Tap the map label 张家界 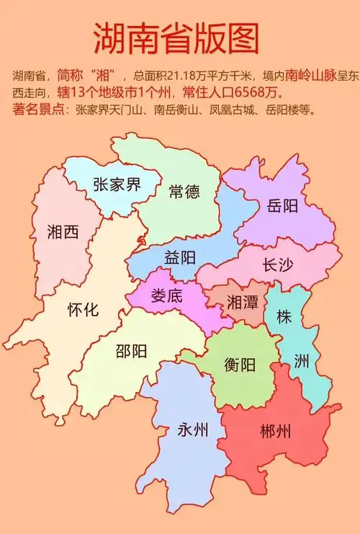tap(117, 184)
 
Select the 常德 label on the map tap(184, 192)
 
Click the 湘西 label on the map tap(63, 231)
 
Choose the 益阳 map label tap(180, 257)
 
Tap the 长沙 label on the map tap(278, 264)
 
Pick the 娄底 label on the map tap(166, 295)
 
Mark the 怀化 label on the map tap(83, 310)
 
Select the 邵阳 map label tap(132, 351)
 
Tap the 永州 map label tap(192, 430)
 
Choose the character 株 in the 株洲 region tap(284, 316)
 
